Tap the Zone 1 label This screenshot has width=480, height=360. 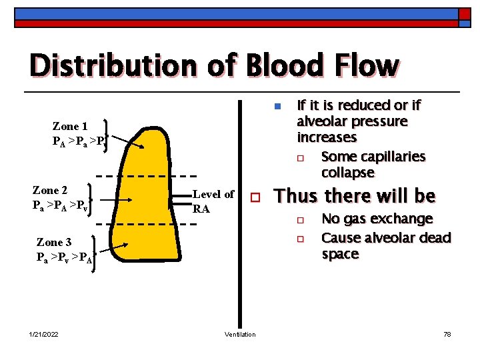70,126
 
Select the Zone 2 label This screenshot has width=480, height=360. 50,190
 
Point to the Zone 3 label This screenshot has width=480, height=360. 54,243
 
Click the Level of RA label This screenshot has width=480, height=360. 213,201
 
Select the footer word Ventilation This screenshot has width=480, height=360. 240,334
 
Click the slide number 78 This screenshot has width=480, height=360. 447,334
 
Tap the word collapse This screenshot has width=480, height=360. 348,173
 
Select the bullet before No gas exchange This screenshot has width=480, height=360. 301,220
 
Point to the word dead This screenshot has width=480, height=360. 434,238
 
